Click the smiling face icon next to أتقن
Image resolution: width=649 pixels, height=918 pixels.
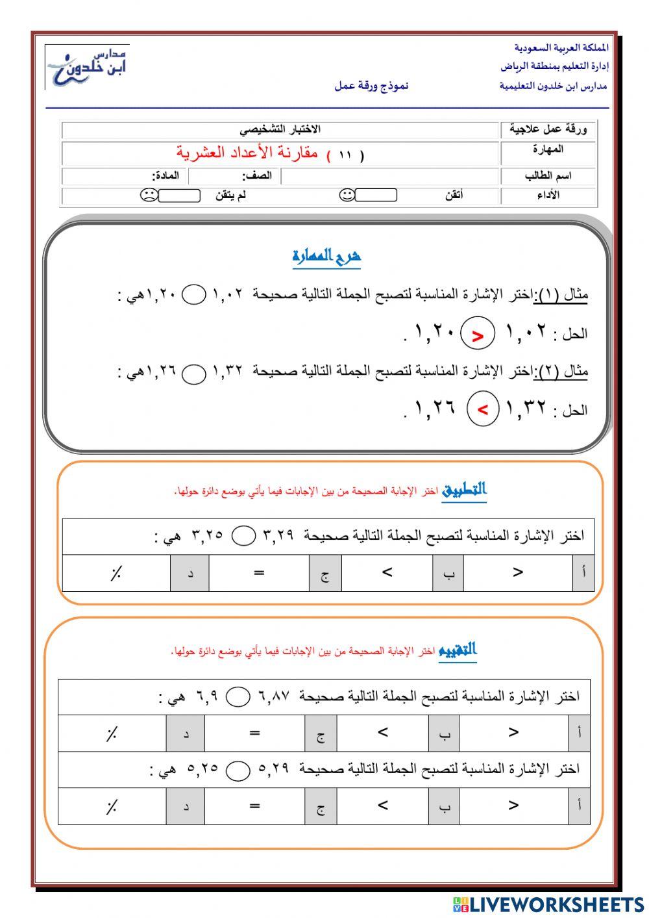tap(347, 195)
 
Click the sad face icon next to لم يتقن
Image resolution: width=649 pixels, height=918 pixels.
tap(149, 195)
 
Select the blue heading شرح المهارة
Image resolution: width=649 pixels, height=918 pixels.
tap(326, 257)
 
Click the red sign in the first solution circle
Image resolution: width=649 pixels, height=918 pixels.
tap(478, 336)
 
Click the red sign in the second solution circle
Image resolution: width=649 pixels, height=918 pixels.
tap(483, 410)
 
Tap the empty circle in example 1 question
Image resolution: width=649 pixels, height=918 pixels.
tap(193, 296)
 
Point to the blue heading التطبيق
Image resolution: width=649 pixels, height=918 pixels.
tap(464, 490)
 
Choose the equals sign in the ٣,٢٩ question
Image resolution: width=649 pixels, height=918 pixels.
tap(259, 572)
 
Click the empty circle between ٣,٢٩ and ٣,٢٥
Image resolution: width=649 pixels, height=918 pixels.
tap(243, 536)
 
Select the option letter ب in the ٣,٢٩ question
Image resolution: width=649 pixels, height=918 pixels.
tap(448, 574)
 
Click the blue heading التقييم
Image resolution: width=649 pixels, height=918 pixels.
tap(458, 650)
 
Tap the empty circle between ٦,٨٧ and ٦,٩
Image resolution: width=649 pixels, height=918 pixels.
tap(238, 697)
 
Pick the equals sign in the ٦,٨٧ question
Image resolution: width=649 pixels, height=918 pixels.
tap(254, 733)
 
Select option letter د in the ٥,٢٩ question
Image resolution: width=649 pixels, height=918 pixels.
tap(186, 807)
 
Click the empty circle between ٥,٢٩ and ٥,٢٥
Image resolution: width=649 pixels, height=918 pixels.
tap(238, 771)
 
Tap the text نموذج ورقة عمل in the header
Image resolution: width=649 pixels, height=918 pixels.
tap(371, 86)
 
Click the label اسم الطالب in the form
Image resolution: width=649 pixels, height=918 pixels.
tap(548, 176)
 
